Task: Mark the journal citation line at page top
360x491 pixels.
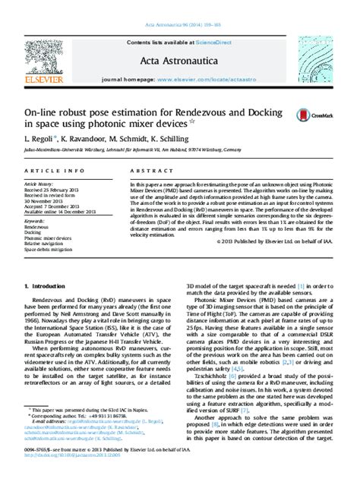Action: (180, 6)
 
